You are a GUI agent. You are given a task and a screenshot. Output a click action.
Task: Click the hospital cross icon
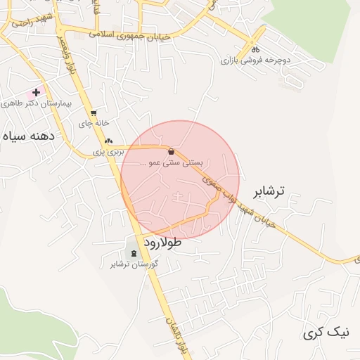coord(36,92)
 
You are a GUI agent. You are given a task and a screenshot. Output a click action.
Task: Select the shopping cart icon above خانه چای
coord(94,112)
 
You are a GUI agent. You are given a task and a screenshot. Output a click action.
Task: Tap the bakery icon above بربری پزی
coord(108,141)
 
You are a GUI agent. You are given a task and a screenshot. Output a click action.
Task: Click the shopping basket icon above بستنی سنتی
coord(172,151)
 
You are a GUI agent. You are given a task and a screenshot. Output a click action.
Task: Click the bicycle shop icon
coord(256,50)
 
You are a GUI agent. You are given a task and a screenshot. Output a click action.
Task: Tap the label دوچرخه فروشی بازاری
coord(255,61)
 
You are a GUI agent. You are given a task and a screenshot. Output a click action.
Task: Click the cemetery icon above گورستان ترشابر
coord(134,253)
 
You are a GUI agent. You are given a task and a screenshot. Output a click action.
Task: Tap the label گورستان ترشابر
coord(134,264)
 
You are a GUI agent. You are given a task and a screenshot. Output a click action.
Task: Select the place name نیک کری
coord(324,333)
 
